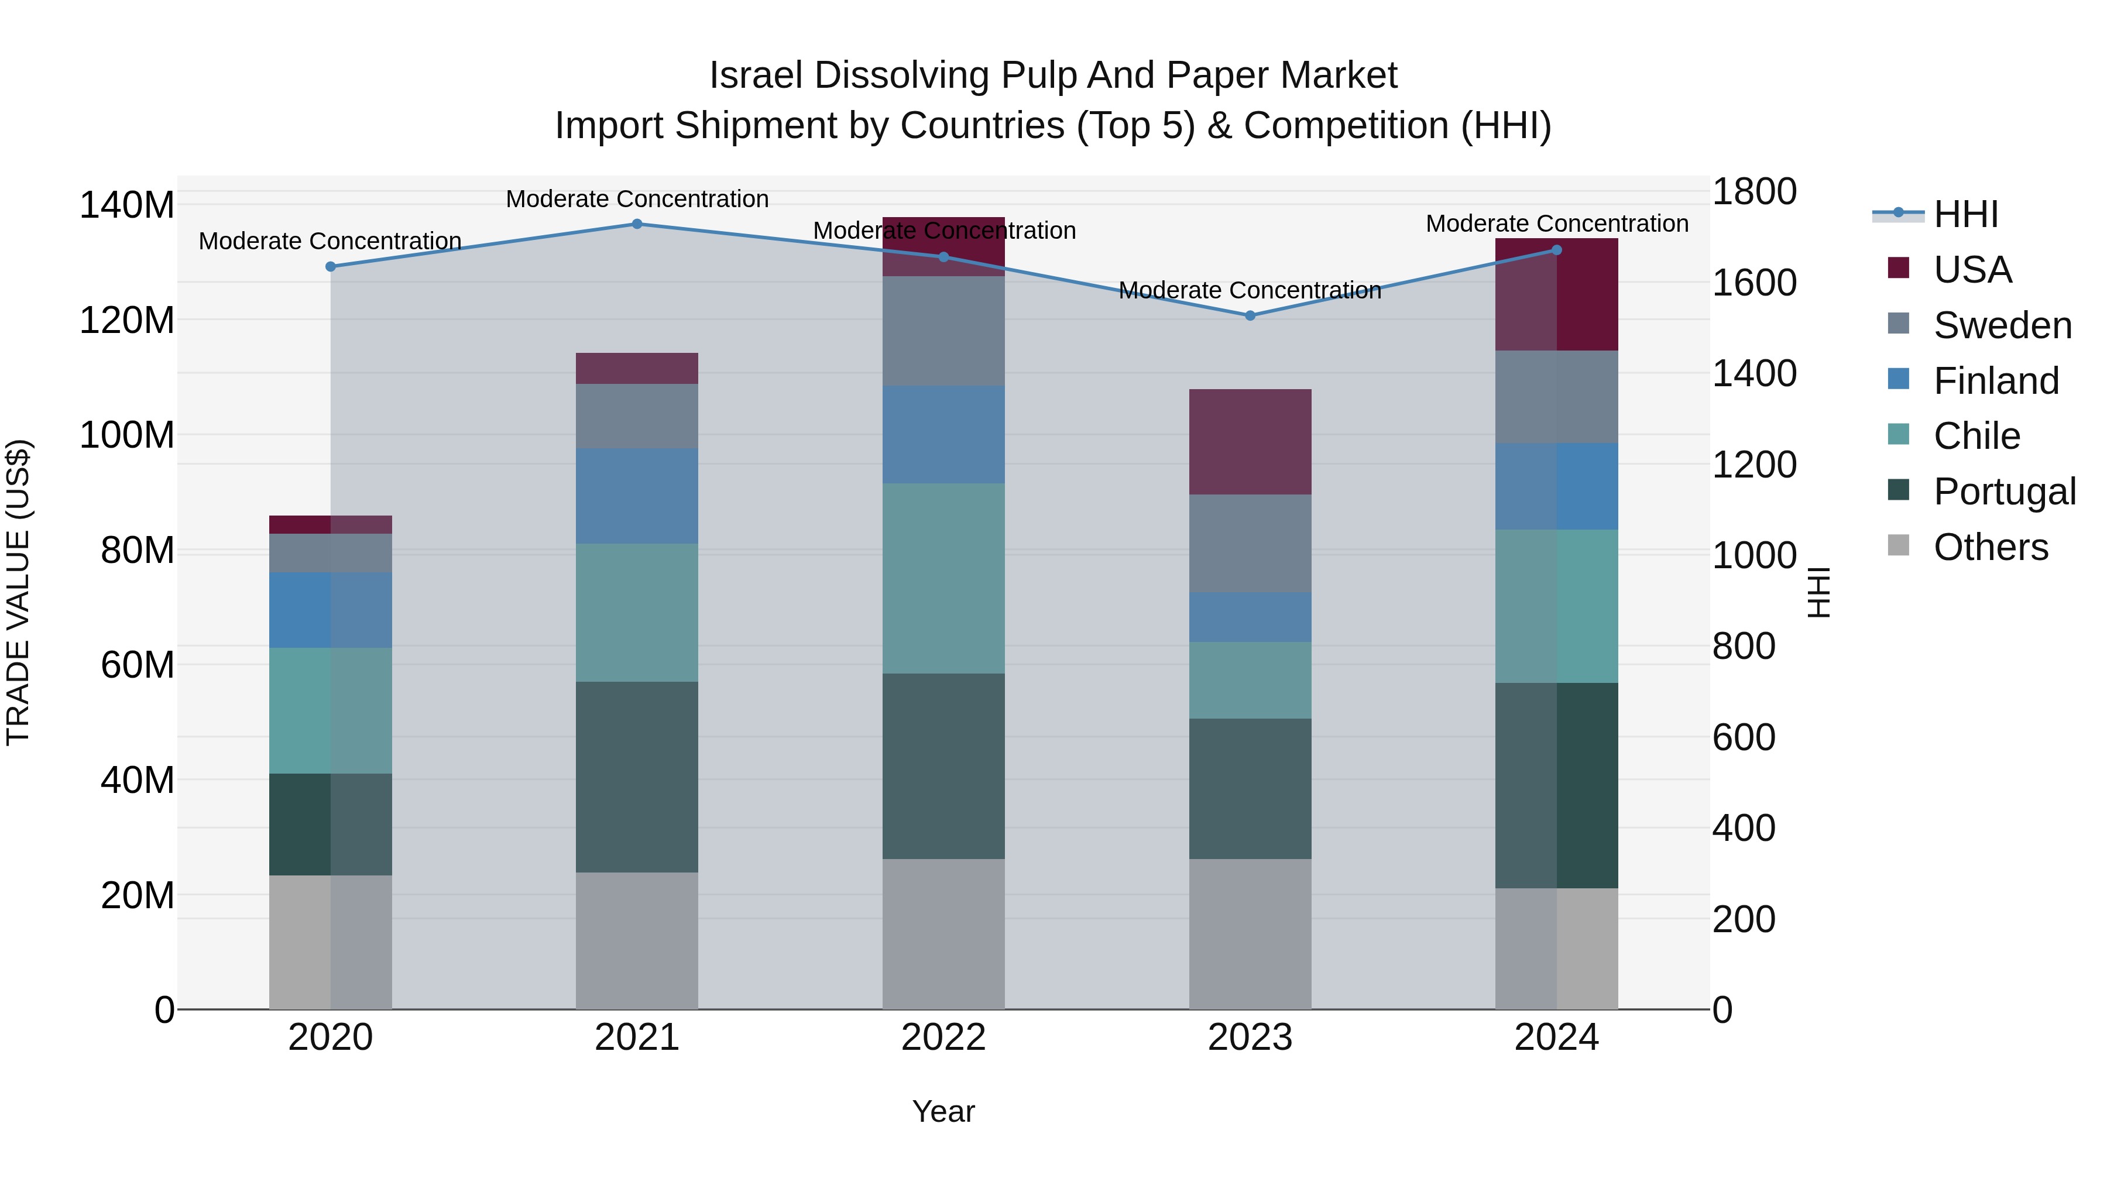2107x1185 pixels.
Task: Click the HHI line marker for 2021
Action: (637, 224)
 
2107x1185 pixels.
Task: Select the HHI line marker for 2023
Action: (1250, 315)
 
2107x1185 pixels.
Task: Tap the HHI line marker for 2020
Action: (331, 267)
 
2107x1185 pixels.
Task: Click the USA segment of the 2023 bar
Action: (1250, 442)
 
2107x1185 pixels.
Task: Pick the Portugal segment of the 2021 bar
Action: (637, 777)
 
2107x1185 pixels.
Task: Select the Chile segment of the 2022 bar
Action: (943, 578)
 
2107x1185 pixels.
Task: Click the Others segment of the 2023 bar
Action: (1250, 933)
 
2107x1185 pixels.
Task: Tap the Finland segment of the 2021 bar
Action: (637, 496)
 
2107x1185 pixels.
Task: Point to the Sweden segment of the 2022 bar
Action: (943, 331)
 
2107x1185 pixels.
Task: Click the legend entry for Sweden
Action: (2002, 325)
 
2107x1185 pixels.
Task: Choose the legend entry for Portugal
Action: (2004, 492)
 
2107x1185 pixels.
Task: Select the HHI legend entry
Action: (1965, 214)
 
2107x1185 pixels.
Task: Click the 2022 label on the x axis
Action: (943, 1038)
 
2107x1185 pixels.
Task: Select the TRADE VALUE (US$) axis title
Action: (18, 592)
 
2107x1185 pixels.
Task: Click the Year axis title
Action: (943, 1111)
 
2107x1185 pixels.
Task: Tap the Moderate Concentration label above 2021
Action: (637, 199)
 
